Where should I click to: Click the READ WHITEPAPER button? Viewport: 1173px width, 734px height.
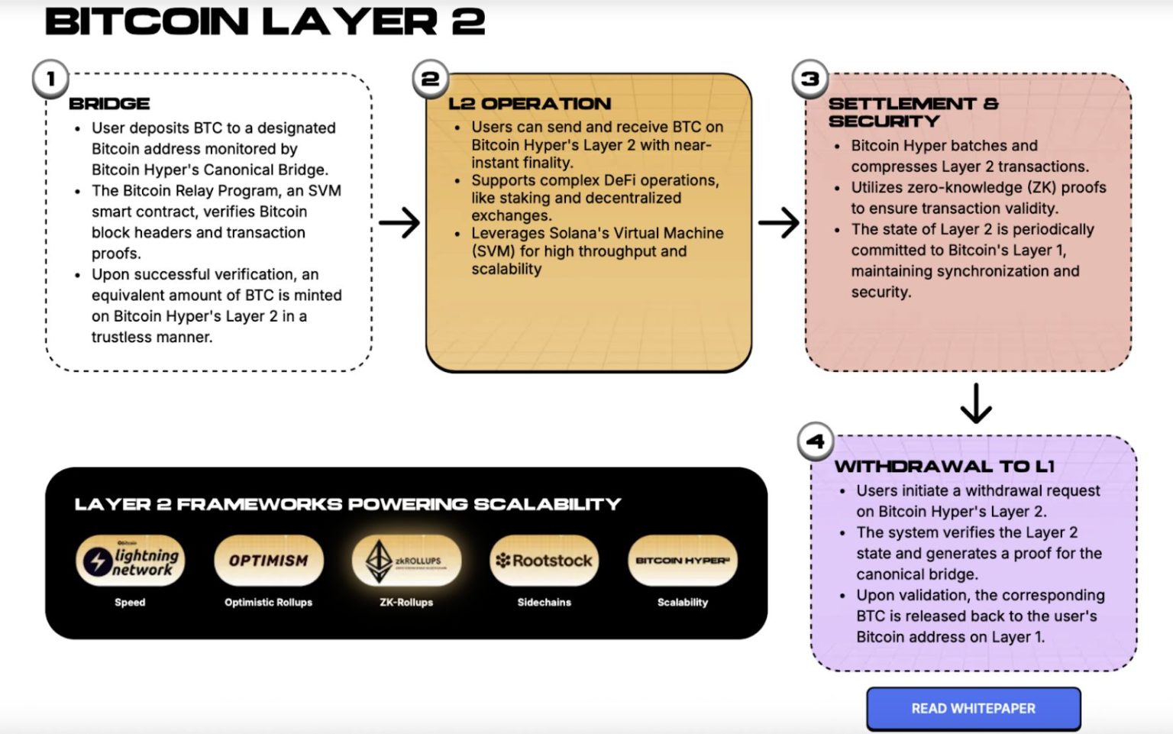point(973,709)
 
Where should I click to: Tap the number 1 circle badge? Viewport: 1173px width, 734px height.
point(50,79)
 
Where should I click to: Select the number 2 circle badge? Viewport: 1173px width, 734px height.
point(430,79)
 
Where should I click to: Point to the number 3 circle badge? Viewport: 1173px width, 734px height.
point(809,79)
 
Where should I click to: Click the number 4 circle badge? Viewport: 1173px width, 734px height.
point(815,441)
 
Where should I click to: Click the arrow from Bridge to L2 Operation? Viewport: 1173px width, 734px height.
point(399,222)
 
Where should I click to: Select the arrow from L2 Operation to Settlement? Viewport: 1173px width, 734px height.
point(778,222)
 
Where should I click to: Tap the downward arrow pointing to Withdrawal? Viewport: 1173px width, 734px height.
point(975,403)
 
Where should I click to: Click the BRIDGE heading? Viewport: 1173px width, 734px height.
point(109,104)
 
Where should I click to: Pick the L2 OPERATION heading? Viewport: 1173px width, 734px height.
point(529,104)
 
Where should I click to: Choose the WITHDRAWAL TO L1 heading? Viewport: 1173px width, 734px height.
point(944,466)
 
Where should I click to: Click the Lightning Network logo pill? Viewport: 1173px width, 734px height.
point(130,561)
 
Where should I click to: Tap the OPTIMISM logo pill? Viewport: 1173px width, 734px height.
point(269,561)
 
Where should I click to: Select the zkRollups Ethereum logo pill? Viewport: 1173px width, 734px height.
point(406,561)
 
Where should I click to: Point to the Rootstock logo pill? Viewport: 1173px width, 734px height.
point(544,561)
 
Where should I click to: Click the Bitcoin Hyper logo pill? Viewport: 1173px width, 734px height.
point(682,561)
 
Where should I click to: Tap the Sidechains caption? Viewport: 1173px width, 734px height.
point(544,602)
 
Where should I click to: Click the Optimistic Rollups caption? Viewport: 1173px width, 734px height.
point(268,602)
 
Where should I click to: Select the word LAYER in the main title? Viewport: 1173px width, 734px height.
point(351,21)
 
